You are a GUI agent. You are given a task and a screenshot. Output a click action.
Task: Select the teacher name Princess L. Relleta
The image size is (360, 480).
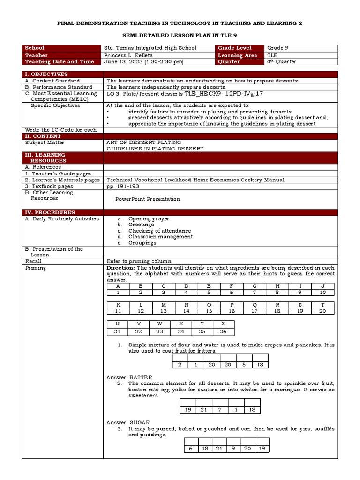click(130, 55)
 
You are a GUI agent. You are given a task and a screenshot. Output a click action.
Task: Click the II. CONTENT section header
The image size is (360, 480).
click(44, 136)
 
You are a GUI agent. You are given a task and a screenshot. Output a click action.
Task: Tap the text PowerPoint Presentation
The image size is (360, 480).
click(148, 199)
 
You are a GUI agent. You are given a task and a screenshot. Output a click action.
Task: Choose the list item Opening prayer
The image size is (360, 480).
click(149, 218)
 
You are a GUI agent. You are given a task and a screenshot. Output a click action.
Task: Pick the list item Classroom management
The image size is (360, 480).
click(160, 237)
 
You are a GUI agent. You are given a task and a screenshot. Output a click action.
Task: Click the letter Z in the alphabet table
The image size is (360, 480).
click(223, 324)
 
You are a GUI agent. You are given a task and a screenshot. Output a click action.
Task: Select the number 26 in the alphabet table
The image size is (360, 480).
click(223, 332)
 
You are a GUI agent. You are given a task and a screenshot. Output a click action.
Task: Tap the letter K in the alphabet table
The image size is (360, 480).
click(118, 305)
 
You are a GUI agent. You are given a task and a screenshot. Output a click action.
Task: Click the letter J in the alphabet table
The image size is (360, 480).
click(322, 286)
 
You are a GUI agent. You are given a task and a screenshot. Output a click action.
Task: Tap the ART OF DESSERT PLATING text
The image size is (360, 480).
click(143, 142)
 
